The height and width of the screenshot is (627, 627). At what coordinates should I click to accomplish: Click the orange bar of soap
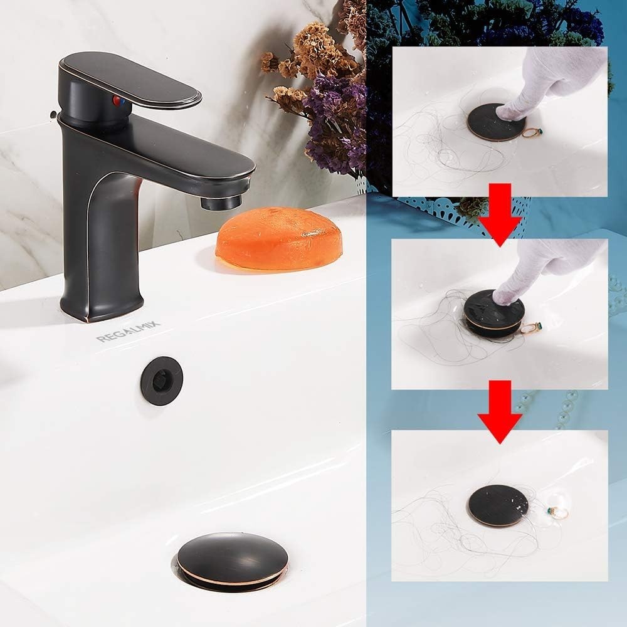pyautogui.click(x=279, y=238)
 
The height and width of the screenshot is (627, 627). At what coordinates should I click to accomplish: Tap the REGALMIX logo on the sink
pyautogui.click(x=128, y=332)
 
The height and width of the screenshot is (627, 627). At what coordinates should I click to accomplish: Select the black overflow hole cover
pyautogui.click(x=161, y=381)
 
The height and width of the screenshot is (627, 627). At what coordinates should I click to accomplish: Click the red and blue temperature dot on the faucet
pyautogui.click(x=119, y=101)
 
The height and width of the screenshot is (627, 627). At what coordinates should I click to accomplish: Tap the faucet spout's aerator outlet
pyautogui.click(x=221, y=201)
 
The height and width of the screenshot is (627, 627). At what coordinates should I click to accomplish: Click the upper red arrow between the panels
pyautogui.click(x=500, y=214)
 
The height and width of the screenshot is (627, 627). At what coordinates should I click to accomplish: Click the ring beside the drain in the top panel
pyautogui.click(x=532, y=132)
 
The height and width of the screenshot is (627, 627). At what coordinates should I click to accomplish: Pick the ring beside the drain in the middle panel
pyautogui.click(x=530, y=328)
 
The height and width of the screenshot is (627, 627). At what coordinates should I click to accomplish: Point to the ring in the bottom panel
pyautogui.click(x=557, y=512)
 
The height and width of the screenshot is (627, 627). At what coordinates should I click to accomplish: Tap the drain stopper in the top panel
pyautogui.click(x=495, y=122)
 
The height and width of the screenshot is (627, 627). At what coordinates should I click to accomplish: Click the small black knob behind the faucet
pyautogui.click(x=53, y=115)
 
